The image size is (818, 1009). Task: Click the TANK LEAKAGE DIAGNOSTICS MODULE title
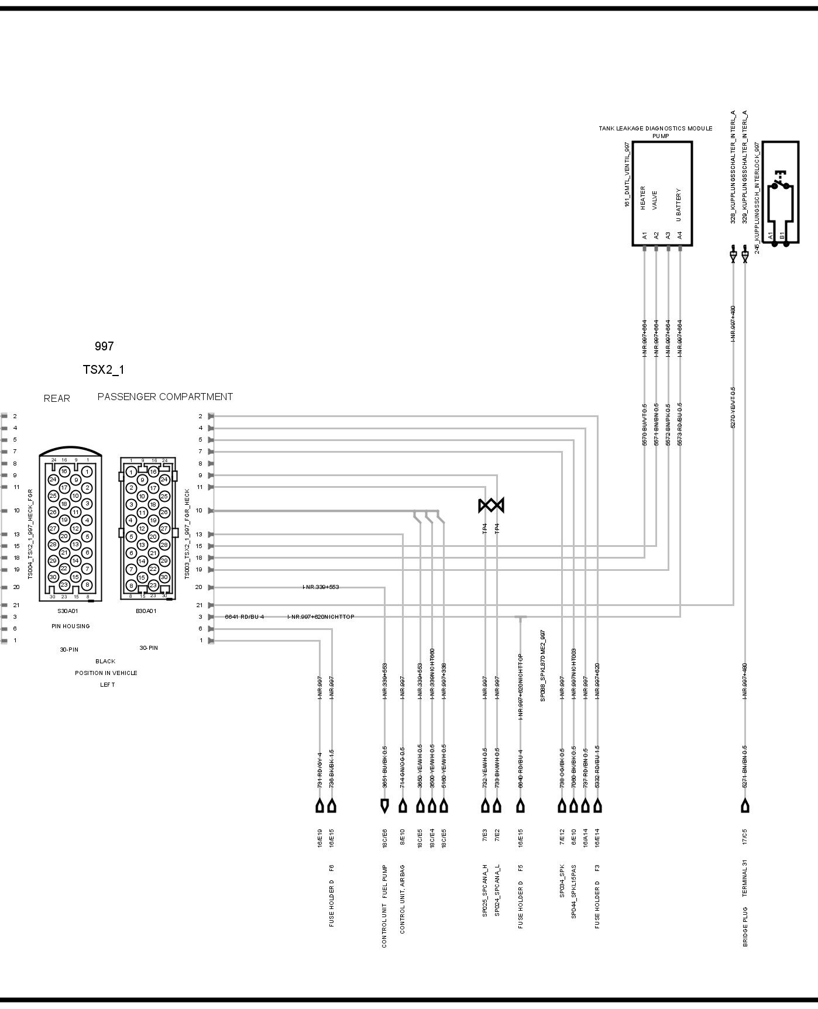tap(655, 128)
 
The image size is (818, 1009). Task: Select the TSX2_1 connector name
tap(104, 370)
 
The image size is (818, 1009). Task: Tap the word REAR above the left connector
tap(57, 398)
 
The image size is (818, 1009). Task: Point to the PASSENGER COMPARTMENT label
tap(165, 397)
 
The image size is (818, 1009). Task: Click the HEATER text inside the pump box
tap(643, 198)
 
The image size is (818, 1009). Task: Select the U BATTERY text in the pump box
tap(679, 204)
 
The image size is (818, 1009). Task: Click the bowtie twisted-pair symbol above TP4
tap(491, 505)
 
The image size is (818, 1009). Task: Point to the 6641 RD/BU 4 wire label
tap(245, 617)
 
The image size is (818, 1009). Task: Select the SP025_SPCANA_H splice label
tap(485, 898)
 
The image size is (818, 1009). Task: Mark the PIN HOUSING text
tap(70, 626)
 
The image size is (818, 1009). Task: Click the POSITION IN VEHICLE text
tap(106, 673)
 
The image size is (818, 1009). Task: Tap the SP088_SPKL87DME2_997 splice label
tap(543, 666)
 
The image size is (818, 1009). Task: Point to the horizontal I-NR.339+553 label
tap(321, 587)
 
